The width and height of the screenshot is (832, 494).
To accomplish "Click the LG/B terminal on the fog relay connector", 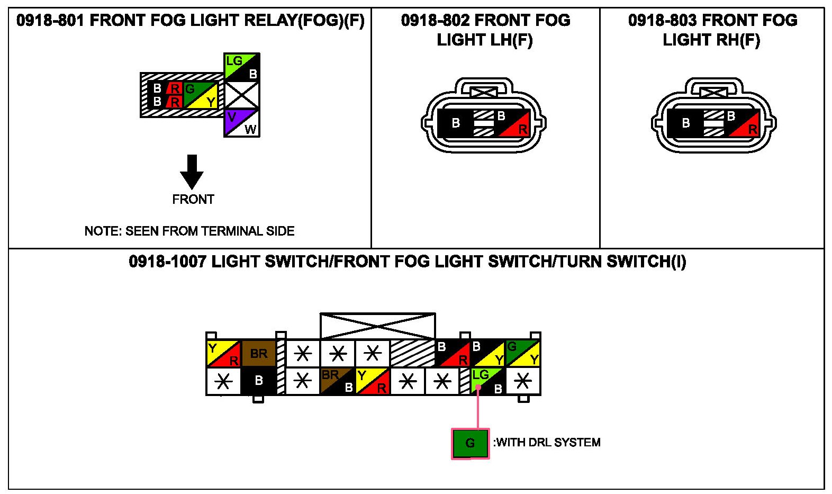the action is point(241,67).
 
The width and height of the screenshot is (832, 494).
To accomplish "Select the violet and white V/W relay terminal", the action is point(241,123).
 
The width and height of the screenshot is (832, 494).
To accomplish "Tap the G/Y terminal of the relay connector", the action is point(201,95).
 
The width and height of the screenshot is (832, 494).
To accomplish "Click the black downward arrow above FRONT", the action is point(192,172).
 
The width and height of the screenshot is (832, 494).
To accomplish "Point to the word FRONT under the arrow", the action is point(193,200).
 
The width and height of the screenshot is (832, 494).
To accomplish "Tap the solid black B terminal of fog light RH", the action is point(685,123).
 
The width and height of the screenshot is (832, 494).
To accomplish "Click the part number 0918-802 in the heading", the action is point(435,21).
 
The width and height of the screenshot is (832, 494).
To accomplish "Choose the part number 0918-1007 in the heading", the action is point(167,262).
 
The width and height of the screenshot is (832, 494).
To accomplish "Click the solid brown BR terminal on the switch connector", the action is point(259,354).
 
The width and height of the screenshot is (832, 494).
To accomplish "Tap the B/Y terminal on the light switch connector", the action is point(487,354).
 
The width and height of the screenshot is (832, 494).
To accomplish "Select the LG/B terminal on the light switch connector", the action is point(489,381).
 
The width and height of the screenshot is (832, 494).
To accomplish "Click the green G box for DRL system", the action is point(470,444).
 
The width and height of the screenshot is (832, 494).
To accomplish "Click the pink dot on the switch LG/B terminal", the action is point(478,388).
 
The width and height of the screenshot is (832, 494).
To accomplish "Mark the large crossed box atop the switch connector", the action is point(378,326).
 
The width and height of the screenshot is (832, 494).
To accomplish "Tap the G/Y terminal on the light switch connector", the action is point(522,354).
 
